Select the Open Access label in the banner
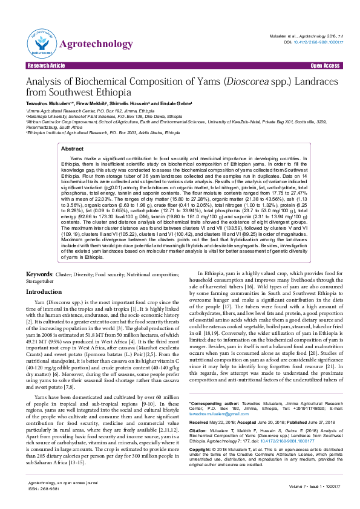325,65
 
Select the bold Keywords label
39,274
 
